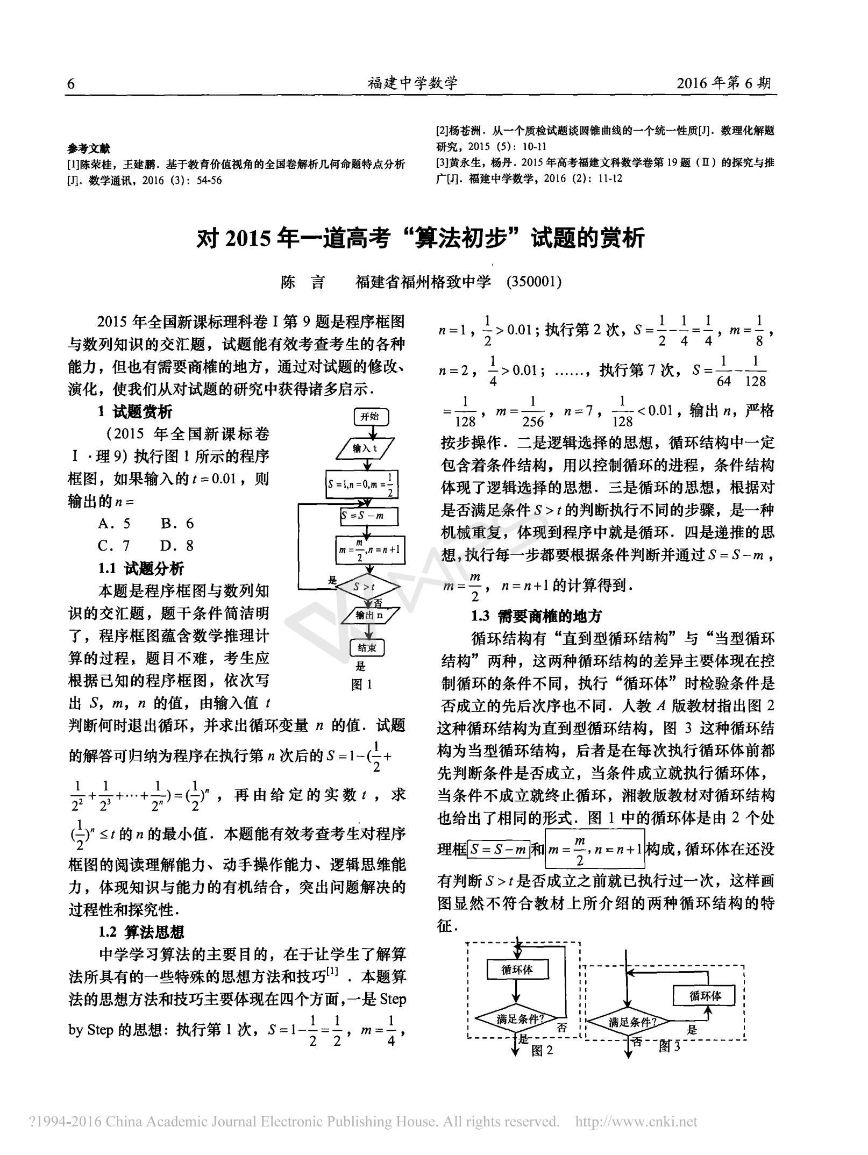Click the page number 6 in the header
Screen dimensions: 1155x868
click(x=71, y=84)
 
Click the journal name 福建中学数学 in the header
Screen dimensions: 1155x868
click(x=412, y=83)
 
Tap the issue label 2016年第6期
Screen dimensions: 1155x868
click(x=723, y=83)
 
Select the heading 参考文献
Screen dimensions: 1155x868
click(x=89, y=148)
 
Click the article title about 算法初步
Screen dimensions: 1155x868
click(x=421, y=238)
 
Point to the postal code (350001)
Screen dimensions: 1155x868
click(x=534, y=282)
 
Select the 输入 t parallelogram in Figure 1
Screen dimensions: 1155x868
click(x=365, y=448)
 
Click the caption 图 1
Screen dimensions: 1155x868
click(x=361, y=685)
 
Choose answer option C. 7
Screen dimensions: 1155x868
click(x=114, y=546)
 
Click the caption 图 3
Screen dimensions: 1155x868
click(x=670, y=1046)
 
